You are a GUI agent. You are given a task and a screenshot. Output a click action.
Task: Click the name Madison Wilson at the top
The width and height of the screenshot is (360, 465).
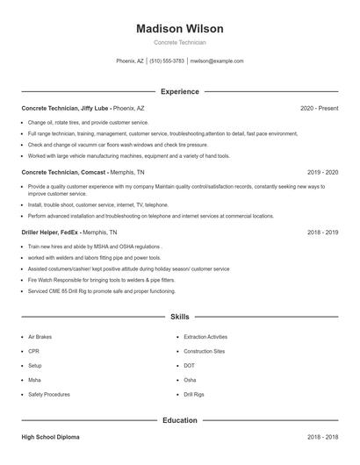179,29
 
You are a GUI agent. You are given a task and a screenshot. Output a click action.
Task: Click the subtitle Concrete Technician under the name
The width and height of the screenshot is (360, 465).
179,42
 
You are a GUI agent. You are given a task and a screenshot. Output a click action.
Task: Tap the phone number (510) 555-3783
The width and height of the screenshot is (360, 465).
167,61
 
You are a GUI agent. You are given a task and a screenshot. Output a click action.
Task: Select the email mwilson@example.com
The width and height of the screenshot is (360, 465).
217,61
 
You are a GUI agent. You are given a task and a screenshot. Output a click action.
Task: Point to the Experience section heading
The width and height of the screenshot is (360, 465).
179,91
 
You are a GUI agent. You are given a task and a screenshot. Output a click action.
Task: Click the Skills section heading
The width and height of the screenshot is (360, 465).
179,316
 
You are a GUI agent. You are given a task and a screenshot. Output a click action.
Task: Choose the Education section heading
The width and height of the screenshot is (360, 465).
179,420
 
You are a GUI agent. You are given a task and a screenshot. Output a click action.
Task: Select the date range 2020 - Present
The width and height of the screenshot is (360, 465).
319,108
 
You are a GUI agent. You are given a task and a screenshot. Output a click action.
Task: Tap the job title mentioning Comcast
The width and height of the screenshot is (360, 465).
83,174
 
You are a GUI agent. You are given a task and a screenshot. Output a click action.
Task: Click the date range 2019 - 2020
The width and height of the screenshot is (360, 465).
322,174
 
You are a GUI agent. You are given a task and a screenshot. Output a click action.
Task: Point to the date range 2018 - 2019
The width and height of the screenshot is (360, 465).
322,232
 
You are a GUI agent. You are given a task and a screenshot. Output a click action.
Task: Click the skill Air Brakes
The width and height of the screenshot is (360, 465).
40,337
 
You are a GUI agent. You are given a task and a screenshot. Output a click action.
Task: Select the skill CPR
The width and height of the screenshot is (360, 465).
33,351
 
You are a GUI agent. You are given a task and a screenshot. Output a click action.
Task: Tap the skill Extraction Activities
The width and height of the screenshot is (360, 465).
205,337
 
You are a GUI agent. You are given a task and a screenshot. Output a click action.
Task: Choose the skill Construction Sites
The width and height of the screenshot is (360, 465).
204,351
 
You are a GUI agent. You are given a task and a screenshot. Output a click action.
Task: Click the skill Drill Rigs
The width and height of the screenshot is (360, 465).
194,395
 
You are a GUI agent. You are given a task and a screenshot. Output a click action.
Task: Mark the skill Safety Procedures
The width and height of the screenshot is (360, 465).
49,395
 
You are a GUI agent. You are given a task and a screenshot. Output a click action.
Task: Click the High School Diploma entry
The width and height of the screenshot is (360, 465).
52,437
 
